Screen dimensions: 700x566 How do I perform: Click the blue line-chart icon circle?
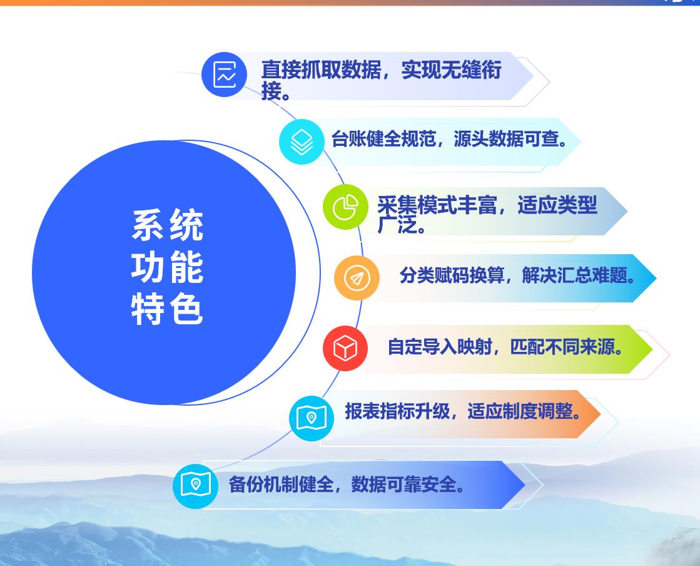pyautogui.click(x=224, y=75)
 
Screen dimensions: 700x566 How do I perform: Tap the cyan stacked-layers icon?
pyautogui.click(x=302, y=141)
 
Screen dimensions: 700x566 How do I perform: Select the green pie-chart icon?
pyautogui.click(x=345, y=207)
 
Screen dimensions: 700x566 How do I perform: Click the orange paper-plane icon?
pyautogui.click(x=357, y=278)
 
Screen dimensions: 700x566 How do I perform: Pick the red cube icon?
pyautogui.click(x=345, y=348)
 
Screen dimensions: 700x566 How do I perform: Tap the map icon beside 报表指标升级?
pyautogui.click(x=311, y=418)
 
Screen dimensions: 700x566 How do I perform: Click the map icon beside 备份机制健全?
pyautogui.click(x=195, y=485)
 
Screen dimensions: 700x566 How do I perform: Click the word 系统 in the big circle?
pyautogui.click(x=168, y=225)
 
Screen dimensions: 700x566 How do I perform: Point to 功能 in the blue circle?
pyautogui.click(x=168, y=267)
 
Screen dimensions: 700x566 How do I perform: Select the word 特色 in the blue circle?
pyautogui.click(x=168, y=309)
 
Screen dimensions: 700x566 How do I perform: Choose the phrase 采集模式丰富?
pyautogui.click(x=437, y=205)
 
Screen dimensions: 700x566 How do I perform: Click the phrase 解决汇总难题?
pyautogui.click(x=574, y=275)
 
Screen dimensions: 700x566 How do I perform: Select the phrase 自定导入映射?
pyautogui.click(x=440, y=347)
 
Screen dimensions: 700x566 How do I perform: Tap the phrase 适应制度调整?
pyautogui.click(x=520, y=411)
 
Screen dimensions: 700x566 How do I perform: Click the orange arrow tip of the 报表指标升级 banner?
pyautogui.click(x=600, y=414)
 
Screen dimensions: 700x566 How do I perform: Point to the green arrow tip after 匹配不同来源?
pyautogui.click(x=652, y=349)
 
